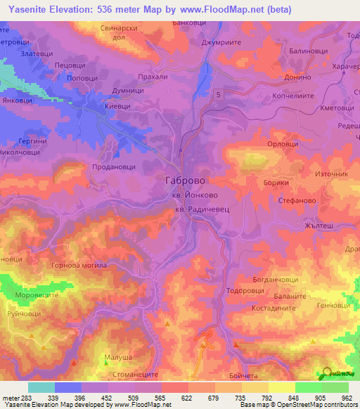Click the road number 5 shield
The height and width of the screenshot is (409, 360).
click(220, 93)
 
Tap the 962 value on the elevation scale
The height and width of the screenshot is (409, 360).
click(348, 398)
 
